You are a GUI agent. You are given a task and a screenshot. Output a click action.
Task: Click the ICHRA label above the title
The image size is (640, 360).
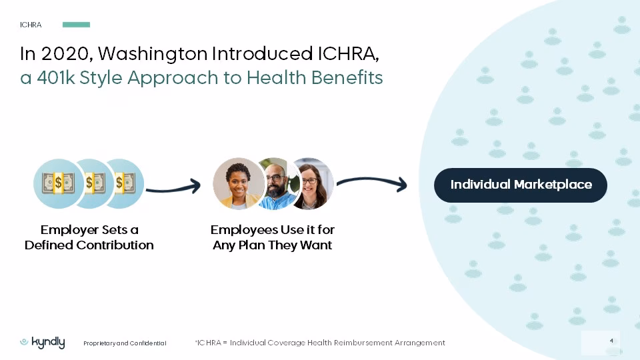(x=31, y=25)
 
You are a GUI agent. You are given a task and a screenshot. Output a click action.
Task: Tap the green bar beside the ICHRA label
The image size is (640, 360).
(x=76, y=25)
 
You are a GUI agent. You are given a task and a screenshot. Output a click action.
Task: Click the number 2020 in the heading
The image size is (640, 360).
(x=65, y=54)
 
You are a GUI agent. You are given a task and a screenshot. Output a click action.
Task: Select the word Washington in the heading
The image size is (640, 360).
(x=153, y=55)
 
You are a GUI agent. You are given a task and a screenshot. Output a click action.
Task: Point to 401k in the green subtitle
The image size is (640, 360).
(x=55, y=77)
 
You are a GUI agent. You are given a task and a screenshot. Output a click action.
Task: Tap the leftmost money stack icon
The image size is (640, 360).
(x=58, y=183)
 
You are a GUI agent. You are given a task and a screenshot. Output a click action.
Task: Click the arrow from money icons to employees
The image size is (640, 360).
(x=173, y=188)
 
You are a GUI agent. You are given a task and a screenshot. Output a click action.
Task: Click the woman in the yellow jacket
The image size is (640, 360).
(x=239, y=184)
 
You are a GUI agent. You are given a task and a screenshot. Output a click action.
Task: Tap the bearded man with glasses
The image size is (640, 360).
(x=276, y=184)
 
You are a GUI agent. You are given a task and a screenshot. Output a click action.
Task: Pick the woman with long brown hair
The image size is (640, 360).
(x=312, y=184)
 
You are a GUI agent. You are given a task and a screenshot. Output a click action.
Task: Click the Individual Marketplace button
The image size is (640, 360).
(x=521, y=185)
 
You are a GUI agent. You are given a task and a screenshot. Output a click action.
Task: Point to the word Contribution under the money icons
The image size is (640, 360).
(x=115, y=245)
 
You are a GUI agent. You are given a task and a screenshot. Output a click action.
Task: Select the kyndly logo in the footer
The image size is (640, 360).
(x=43, y=343)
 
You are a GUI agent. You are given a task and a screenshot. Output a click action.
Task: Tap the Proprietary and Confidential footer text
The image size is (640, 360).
(x=125, y=343)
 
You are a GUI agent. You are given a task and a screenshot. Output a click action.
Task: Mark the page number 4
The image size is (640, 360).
(x=611, y=341)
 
